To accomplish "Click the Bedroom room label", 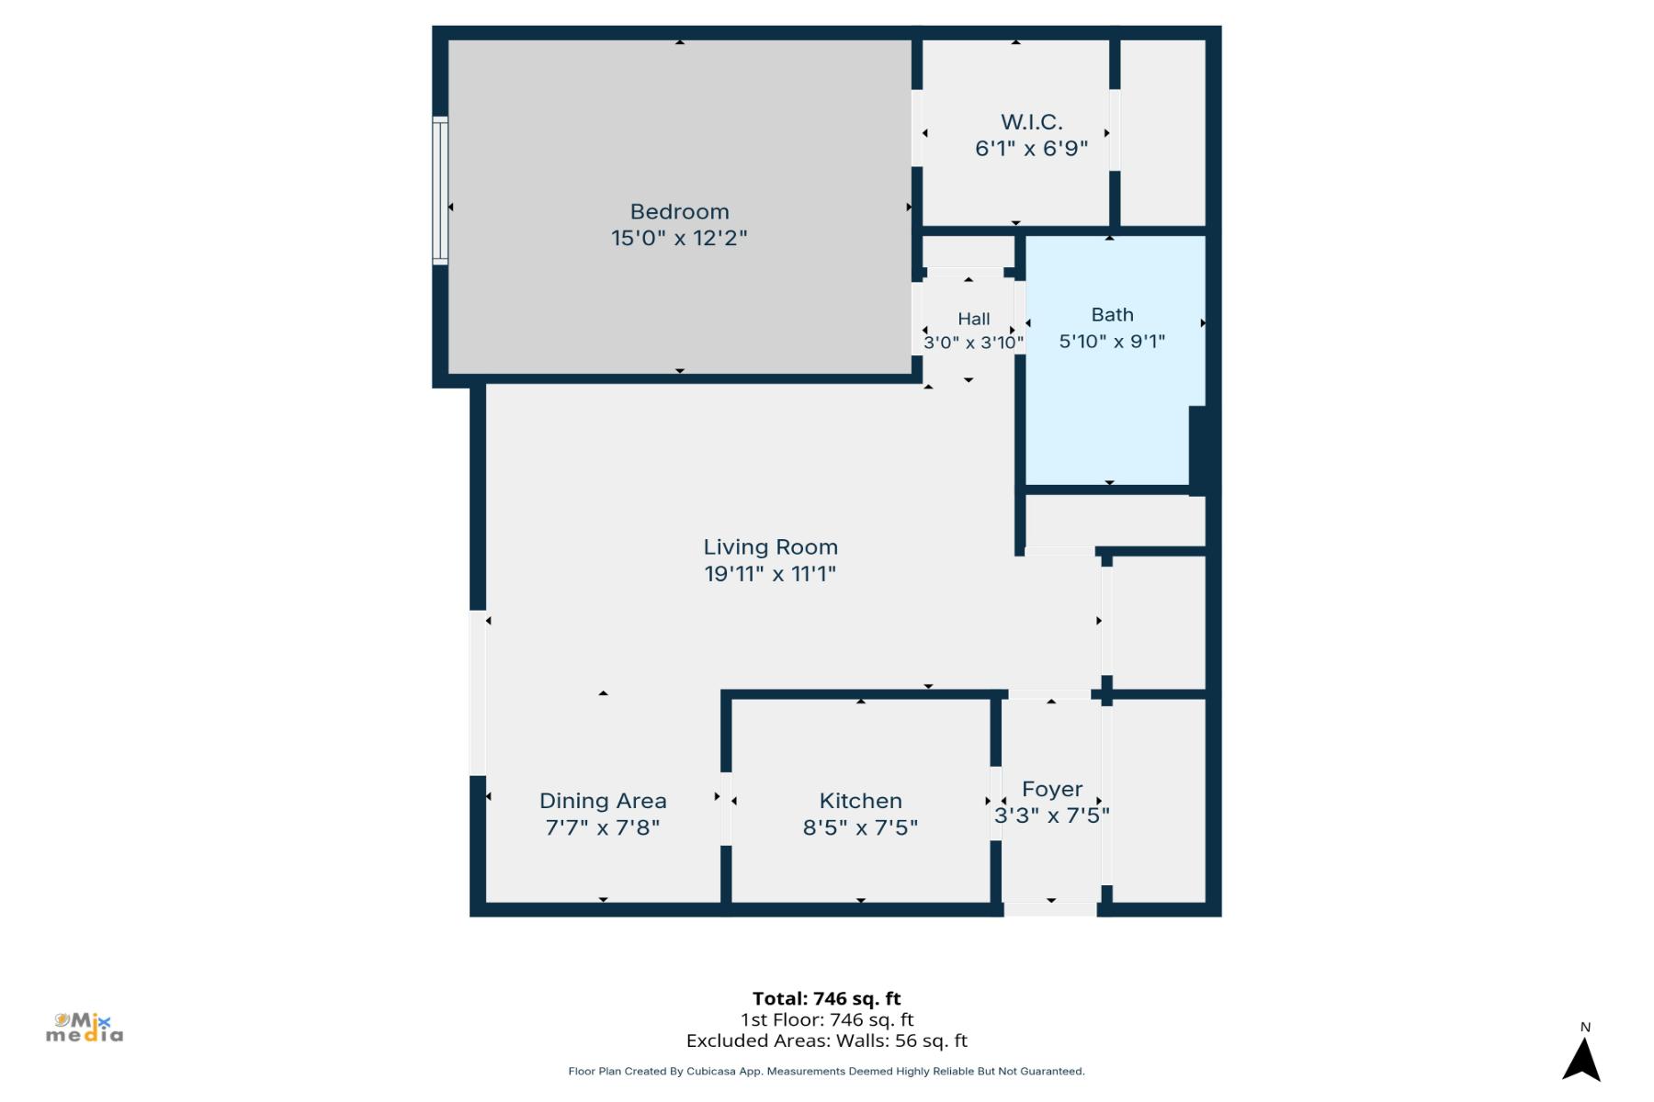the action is [x=679, y=211].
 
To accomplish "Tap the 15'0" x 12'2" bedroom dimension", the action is [x=679, y=238].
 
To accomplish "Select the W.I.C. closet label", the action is [x=1031, y=122].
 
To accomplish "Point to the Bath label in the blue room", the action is [x=1112, y=315].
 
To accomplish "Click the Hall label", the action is [x=973, y=319].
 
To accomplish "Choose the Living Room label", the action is [x=770, y=547].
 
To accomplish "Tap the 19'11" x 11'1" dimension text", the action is [x=770, y=574].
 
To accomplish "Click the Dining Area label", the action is [x=603, y=801].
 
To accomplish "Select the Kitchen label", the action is [x=860, y=801].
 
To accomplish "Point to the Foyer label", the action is [x=1052, y=790].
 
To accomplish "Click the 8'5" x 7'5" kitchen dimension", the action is [x=860, y=827].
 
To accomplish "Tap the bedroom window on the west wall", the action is [x=440, y=191].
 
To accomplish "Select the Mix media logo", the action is [x=85, y=1028].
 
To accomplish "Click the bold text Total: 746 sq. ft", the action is [x=826, y=998].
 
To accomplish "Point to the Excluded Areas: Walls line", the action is [x=826, y=1040].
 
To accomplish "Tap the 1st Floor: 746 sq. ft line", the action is [x=826, y=1019].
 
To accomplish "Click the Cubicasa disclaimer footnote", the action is [x=826, y=1071].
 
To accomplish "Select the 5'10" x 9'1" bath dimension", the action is [x=1112, y=342].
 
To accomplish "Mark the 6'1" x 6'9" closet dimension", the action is [x=1031, y=149].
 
